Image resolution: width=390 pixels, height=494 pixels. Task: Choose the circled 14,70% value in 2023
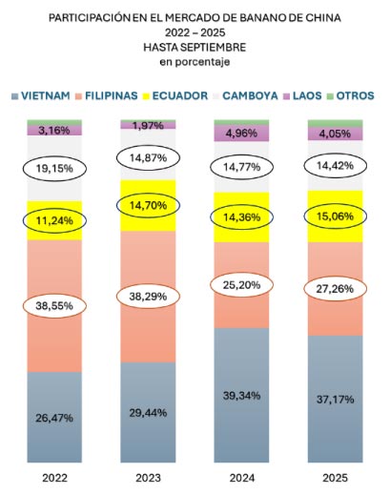click(x=149, y=204)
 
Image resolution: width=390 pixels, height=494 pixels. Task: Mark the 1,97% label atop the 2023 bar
click(x=149, y=125)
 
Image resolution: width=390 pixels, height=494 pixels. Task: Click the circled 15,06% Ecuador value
click(x=335, y=216)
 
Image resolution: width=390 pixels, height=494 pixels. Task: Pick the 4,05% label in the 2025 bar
click(x=335, y=134)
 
